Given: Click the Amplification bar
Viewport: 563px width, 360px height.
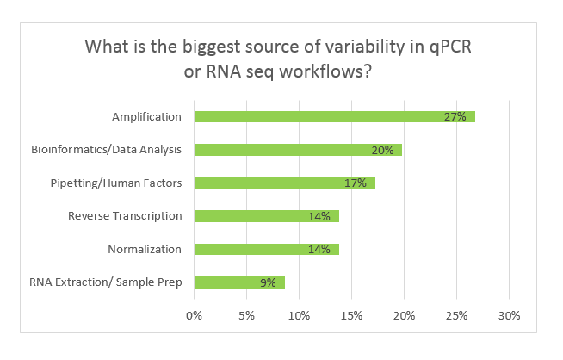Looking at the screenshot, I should (334, 117).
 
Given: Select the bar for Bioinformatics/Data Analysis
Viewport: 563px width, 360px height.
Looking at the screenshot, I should (298, 150).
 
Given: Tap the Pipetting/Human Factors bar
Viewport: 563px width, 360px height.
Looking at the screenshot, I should (284, 183).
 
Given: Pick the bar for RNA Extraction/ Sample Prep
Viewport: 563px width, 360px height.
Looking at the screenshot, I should (238, 282).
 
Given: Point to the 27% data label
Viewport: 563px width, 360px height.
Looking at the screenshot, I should (455, 117).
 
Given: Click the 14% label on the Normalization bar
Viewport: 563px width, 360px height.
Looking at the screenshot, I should (319, 249).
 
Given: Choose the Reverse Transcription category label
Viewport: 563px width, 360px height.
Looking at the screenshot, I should (125, 215).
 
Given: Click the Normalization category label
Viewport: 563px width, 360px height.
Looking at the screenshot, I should (145, 249).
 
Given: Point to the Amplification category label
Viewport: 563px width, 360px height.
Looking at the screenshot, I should (147, 117).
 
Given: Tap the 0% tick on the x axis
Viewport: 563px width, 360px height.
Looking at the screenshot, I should (194, 314).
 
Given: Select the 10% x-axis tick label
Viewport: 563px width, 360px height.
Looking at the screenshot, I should (299, 314).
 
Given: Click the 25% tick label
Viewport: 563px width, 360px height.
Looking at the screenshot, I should (456, 314).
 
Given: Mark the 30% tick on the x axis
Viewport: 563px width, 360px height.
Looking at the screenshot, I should (509, 314).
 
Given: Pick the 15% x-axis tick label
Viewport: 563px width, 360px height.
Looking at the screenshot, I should (351, 314).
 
